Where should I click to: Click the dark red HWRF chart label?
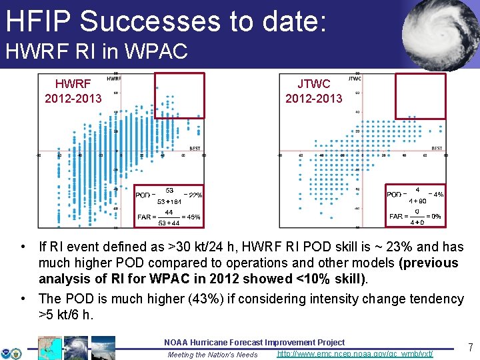click(73, 84)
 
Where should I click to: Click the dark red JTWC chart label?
click(313, 84)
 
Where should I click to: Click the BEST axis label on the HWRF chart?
click(195, 148)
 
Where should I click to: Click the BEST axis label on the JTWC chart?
click(437, 148)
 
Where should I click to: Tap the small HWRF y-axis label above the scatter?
click(114, 79)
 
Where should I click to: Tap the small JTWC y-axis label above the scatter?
click(355, 79)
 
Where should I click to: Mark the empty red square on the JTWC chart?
click(420, 95)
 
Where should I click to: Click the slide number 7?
click(470, 347)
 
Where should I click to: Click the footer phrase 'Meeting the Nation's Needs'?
click(213, 355)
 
